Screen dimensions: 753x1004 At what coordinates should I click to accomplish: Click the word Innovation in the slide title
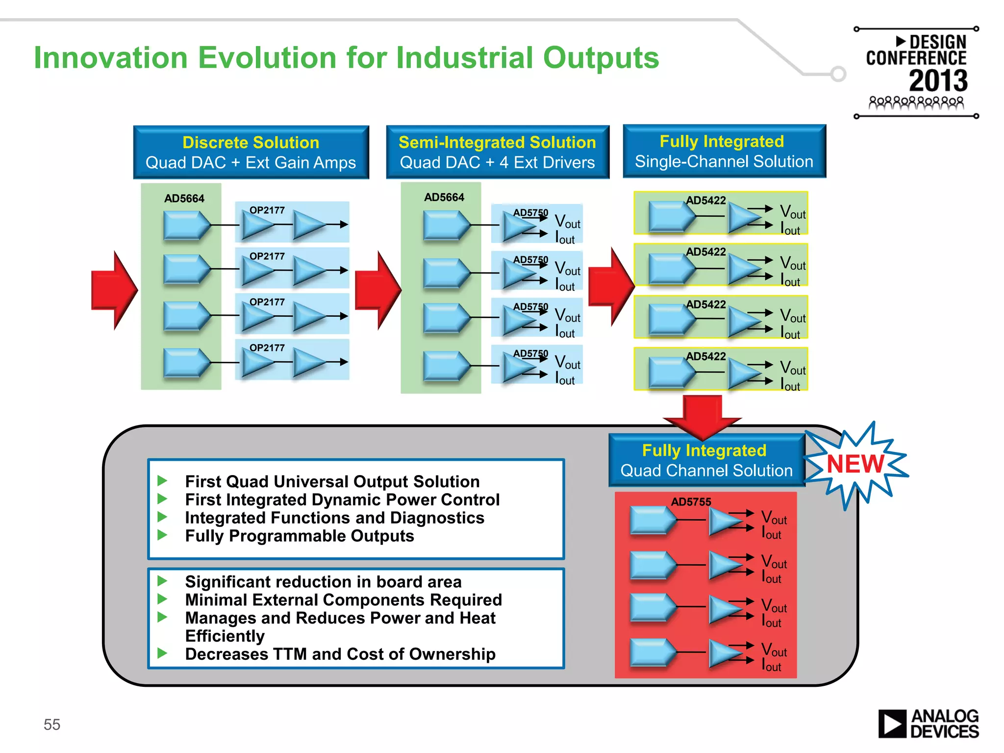tap(111, 58)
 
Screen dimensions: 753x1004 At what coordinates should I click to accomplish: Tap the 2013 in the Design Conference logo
tap(938, 81)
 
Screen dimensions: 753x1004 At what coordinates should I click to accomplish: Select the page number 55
tap(52, 724)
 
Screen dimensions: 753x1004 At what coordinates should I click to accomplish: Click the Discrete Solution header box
tap(251, 152)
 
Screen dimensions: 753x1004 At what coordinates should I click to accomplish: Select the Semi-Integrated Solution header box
tap(497, 152)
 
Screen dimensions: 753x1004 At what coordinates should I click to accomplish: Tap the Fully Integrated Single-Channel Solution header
tap(724, 151)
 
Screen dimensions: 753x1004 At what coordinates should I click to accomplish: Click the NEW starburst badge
tap(855, 464)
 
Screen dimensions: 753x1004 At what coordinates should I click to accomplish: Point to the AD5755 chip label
tap(691, 502)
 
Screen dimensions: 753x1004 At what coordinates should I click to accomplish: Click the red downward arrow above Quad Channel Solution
tap(703, 417)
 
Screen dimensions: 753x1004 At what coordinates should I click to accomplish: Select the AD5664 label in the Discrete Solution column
tap(184, 199)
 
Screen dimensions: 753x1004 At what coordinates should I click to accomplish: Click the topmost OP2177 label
tap(267, 210)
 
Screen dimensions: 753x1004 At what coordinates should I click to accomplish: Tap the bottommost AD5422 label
tap(705, 356)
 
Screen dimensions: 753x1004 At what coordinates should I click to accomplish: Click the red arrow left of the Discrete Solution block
tap(114, 290)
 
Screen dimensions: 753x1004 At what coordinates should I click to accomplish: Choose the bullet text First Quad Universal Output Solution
tap(332, 481)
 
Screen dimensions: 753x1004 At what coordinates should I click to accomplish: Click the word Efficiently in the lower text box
tap(225, 636)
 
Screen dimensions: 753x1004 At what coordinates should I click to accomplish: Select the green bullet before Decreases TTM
tap(162, 653)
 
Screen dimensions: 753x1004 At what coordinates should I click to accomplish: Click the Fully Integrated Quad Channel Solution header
tap(706, 460)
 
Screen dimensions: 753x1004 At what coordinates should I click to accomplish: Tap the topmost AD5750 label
tap(530, 213)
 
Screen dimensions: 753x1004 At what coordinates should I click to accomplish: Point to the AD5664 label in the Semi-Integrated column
tap(444, 197)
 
